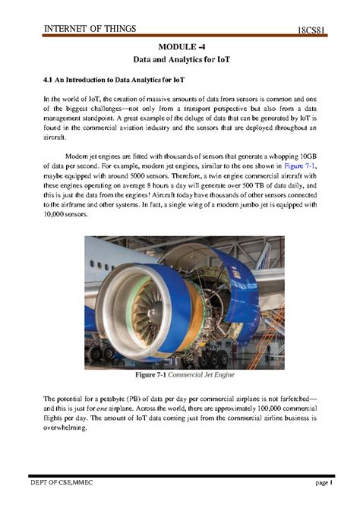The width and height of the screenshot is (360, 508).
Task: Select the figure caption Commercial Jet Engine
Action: [x=203, y=376]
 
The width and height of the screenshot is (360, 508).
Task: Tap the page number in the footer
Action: [x=325, y=484]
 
